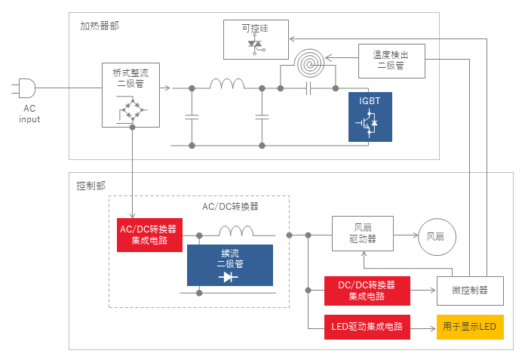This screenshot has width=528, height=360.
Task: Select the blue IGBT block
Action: pyautogui.click(x=370, y=117)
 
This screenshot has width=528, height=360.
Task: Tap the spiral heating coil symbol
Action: pyautogui.click(x=309, y=63)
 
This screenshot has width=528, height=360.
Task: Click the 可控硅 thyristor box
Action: pyautogui.click(x=256, y=39)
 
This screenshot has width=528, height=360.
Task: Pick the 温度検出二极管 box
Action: pyautogui.click(x=391, y=61)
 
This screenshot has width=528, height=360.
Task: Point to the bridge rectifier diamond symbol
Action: pyautogui.click(x=133, y=109)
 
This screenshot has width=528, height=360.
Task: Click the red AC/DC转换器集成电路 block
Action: pyautogui.click(x=149, y=235)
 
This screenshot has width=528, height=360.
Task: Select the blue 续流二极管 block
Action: pyautogui.click(x=230, y=265)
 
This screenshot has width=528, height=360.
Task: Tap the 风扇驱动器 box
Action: pyautogui.click(x=363, y=234)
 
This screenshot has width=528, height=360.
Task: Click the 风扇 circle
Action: pyautogui.click(x=437, y=237)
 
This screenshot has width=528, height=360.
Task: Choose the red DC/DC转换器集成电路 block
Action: pyautogui.click(x=367, y=291)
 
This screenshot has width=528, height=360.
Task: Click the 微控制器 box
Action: pyautogui.click(x=470, y=291)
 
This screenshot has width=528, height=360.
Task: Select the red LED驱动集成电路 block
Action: pyautogui.click(x=367, y=327)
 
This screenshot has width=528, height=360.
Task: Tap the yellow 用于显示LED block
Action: pyautogui.click(x=470, y=327)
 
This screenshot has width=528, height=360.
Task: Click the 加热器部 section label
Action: pyautogui.click(x=100, y=26)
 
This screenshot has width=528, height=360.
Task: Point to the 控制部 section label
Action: pyautogui.click(x=91, y=186)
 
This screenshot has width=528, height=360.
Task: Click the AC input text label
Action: pyautogui.click(x=29, y=114)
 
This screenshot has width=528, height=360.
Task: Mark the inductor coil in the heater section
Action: pyautogui.click(x=227, y=84)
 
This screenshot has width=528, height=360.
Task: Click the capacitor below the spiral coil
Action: pyautogui.click(x=308, y=88)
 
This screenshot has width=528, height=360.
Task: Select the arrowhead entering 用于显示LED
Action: pyautogui.click(x=433, y=328)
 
